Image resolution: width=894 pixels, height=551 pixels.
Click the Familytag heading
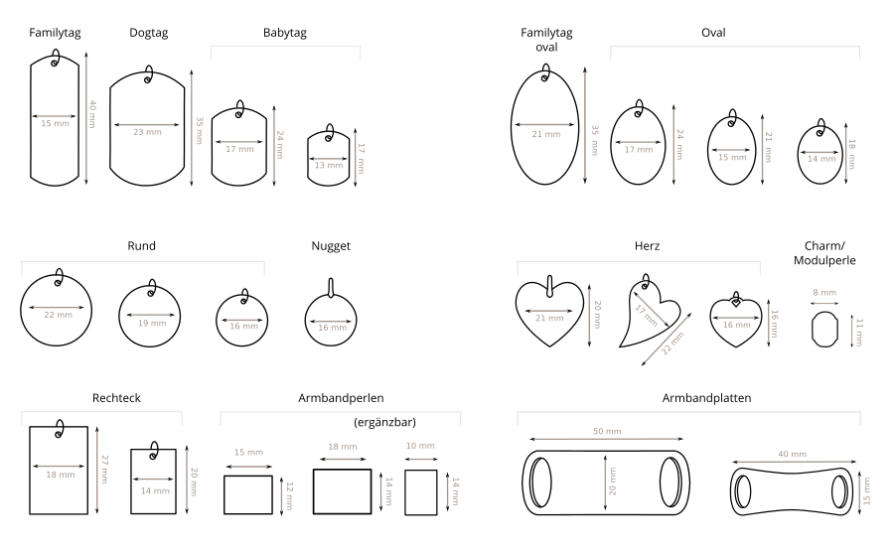pos(55,33)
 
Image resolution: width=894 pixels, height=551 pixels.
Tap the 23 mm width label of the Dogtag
pos(147,132)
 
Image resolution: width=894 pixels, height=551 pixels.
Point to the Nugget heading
pos(331,246)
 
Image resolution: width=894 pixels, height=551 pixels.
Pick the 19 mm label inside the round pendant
pos(152,323)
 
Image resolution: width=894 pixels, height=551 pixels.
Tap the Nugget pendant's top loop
pos(331,287)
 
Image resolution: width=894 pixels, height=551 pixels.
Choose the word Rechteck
pos(116,398)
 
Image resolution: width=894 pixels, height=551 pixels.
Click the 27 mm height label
pos(104,469)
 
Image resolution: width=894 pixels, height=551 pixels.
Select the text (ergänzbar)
pos(384,422)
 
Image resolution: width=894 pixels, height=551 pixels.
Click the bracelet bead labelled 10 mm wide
pos(421,492)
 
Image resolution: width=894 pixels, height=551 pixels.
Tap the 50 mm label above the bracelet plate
pos(607,431)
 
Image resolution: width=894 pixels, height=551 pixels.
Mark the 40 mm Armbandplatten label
pos(792,454)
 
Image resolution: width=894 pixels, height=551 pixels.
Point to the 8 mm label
pos(824,292)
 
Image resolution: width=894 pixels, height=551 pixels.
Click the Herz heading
pos(647,246)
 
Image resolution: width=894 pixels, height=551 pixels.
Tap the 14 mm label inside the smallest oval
pos(821,159)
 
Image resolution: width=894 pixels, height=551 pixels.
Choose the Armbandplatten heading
pos(706,398)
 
